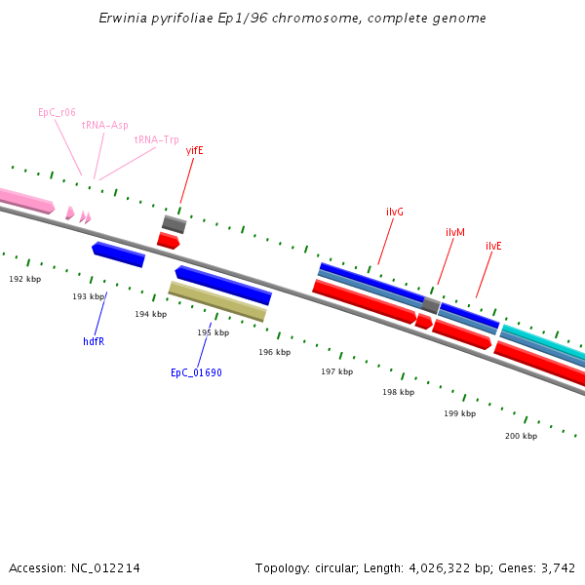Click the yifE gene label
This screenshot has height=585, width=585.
coord(194,150)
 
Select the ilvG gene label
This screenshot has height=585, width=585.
coord(395,212)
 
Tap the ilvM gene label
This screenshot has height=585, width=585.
coord(455,232)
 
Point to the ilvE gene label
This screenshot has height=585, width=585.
coord(493,246)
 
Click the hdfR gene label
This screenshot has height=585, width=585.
coord(94,341)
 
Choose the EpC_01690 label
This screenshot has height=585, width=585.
coord(196,372)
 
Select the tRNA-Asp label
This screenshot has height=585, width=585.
coord(104,125)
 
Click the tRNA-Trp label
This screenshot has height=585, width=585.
coord(156,139)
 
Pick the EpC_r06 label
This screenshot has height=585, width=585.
coord(57,112)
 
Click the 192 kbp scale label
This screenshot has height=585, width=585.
coord(25,279)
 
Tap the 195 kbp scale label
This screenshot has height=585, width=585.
coord(213,332)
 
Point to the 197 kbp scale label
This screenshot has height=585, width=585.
coord(336,371)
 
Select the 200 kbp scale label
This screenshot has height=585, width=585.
coord(521,436)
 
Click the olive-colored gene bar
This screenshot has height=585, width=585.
coord(217,301)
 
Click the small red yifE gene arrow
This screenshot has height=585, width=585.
coord(168,240)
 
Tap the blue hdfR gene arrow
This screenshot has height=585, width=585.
coord(118,254)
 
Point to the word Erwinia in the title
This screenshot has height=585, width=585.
coord(124,19)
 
